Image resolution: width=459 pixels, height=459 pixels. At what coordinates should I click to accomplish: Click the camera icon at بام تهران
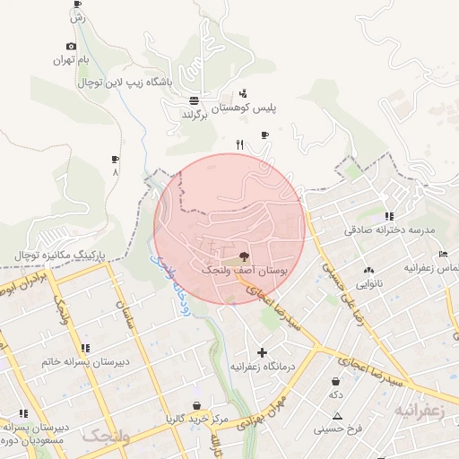click(x=72, y=47)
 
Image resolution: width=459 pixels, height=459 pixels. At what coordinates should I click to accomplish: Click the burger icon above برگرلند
click(x=195, y=100)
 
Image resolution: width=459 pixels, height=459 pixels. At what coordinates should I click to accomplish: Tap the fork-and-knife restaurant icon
click(x=238, y=143)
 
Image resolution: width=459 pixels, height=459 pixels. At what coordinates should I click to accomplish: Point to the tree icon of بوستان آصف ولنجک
click(x=245, y=256)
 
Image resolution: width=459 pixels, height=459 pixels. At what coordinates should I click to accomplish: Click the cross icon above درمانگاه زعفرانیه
click(x=263, y=352)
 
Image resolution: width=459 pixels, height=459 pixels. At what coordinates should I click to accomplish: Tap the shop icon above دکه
click(x=335, y=381)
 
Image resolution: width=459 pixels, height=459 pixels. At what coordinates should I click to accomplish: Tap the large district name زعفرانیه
click(x=418, y=410)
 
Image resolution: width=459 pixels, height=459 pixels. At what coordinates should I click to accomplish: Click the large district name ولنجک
click(x=106, y=437)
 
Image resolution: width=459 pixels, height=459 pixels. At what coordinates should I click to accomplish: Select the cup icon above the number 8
click(x=114, y=159)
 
